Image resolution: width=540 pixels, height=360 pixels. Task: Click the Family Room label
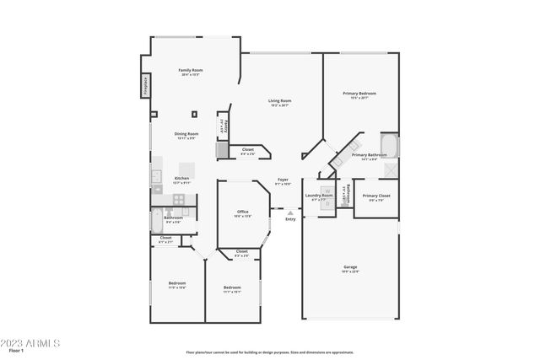click(x=191, y=71)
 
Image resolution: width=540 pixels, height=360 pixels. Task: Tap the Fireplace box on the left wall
click(x=145, y=84)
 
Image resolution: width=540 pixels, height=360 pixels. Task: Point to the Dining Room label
click(x=186, y=135)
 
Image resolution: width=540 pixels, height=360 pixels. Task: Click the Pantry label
click(x=224, y=126)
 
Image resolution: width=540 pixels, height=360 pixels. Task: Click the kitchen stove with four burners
click(x=179, y=199)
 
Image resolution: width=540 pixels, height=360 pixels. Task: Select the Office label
click(x=242, y=212)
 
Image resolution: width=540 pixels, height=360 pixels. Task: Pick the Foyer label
click(x=283, y=180)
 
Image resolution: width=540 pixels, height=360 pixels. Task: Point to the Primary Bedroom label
click(x=359, y=94)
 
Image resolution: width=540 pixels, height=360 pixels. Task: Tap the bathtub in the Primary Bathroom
click(x=388, y=145)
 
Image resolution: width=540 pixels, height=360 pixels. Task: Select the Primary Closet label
click(x=377, y=196)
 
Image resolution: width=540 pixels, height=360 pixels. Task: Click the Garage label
click(x=349, y=268)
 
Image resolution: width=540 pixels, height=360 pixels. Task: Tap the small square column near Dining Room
click(x=195, y=114)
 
